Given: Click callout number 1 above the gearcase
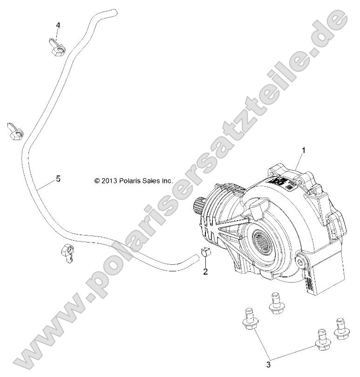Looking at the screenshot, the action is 304,150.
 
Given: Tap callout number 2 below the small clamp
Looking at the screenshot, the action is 205,272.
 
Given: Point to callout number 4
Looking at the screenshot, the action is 58,25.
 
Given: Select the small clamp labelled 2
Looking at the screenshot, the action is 205,255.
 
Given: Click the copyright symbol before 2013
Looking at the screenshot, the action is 97,180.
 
